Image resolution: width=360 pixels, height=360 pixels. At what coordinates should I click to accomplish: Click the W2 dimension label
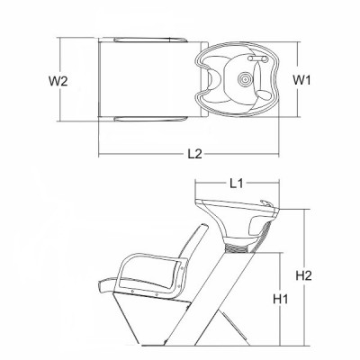[58, 81]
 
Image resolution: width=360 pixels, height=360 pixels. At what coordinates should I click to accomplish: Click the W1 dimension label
[301, 80]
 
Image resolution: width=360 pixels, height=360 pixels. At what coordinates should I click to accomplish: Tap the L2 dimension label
[195, 154]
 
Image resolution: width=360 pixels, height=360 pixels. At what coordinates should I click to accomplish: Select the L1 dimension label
[236, 184]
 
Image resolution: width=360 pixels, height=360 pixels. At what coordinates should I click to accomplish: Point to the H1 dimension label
[281, 299]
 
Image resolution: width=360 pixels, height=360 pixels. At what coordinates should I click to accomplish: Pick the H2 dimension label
[304, 275]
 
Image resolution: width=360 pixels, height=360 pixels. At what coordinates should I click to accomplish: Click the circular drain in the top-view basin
[246, 79]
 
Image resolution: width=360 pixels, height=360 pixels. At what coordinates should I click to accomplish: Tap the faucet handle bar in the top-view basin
[258, 58]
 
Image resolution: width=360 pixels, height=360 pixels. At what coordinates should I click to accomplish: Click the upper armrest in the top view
[151, 40]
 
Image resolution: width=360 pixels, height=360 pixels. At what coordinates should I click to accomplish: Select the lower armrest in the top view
[151, 119]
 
